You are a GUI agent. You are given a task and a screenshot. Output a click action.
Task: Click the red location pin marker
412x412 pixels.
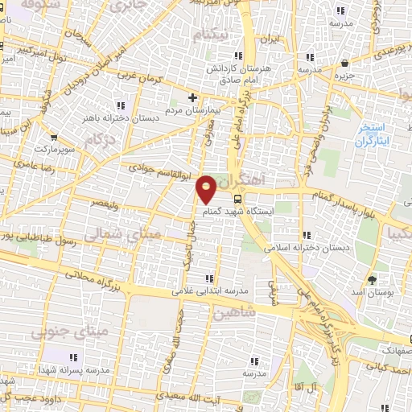[207, 187]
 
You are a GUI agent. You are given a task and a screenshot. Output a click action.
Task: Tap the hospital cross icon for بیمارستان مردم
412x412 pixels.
[192, 98]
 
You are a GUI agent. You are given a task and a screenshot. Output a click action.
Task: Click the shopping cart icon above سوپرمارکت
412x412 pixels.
[54, 138]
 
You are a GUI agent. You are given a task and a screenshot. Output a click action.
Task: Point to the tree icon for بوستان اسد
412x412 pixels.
[373, 279]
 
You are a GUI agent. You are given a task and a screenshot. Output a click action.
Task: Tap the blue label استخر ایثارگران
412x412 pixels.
[373, 134]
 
